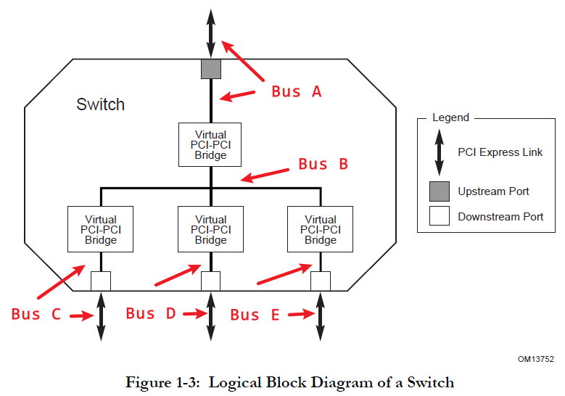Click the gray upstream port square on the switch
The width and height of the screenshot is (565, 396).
click(210, 69)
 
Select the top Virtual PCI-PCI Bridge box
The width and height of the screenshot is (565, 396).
click(210, 144)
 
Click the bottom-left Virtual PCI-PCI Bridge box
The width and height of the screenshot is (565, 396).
click(100, 229)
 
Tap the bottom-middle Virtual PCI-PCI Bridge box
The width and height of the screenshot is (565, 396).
click(210, 229)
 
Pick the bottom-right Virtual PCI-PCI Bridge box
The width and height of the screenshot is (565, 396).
click(320, 229)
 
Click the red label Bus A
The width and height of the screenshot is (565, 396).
click(296, 91)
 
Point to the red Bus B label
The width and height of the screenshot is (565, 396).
click(323, 164)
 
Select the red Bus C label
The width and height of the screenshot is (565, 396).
click(36, 314)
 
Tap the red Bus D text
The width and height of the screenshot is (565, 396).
click(150, 313)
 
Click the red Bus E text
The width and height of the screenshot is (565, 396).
click(255, 314)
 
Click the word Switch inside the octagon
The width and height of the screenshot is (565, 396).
click(100, 104)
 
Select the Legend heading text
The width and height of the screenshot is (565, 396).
click(450, 117)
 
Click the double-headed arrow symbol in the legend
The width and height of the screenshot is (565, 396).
click(438, 152)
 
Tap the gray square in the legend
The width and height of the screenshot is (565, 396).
click(438, 191)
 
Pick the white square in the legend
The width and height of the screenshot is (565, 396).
click(438, 216)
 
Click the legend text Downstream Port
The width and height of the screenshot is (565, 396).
click(500, 216)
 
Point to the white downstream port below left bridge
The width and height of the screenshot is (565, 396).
click(100, 281)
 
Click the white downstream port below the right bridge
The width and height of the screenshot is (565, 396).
click(320, 281)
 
